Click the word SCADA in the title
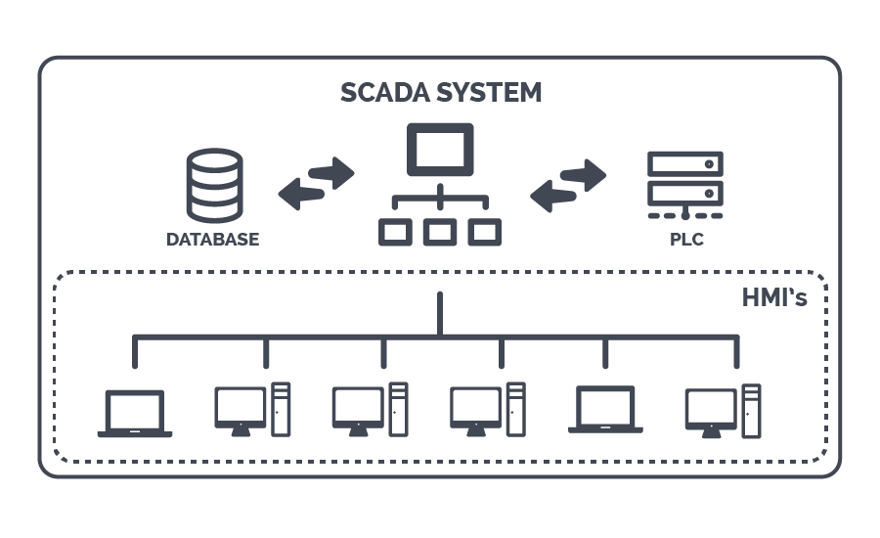pyautogui.click(x=386, y=93)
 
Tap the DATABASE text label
pyautogui.click(x=212, y=240)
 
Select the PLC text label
pyautogui.click(x=685, y=240)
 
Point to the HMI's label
pyautogui.click(x=773, y=297)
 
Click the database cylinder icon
pyautogui.click(x=213, y=186)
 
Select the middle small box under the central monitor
pyautogui.click(x=440, y=232)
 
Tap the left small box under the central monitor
pyautogui.click(x=395, y=232)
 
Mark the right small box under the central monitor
pyautogui.click(x=485, y=232)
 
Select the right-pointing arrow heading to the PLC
pyautogui.click(x=583, y=174)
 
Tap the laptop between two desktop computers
pyautogui.click(x=605, y=410)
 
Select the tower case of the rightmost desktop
pyautogui.click(x=751, y=409)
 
